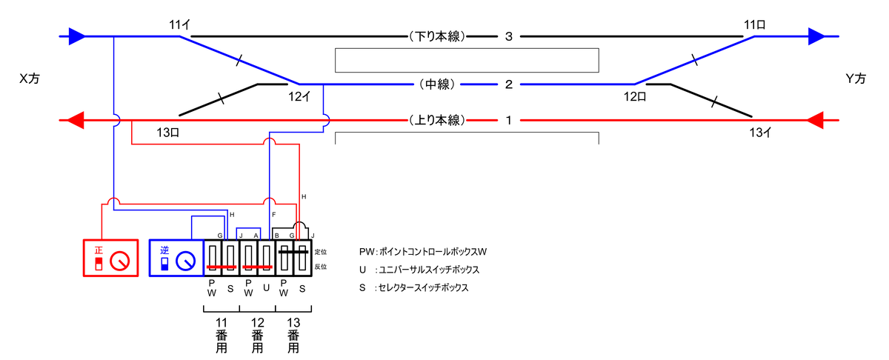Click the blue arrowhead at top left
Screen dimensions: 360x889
tap(76, 36)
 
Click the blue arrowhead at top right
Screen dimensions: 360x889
tap(816, 36)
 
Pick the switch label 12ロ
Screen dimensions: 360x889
tap(635, 95)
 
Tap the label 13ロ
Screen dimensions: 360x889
tap(169, 133)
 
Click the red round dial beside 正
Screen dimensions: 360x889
tap(119, 261)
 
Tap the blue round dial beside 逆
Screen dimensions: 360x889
tap(186, 261)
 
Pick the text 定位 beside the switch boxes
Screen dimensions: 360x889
tap(321, 253)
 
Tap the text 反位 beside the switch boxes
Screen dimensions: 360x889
tap(321, 267)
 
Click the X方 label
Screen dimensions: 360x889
tap(29, 79)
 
